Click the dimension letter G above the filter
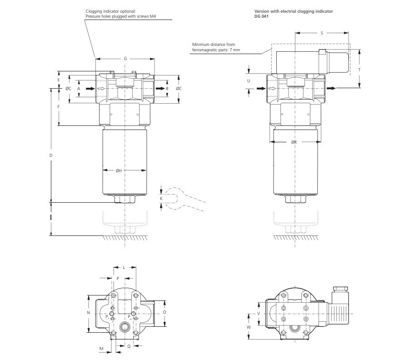[x=125, y=59]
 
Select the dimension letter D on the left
[x=51, y=155]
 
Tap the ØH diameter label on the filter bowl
[x=118, y=170]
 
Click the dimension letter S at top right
[x=322, y=33]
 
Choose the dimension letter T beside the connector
[x=359, y=70]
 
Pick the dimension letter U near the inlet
[x=249, y=80]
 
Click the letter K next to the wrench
[x=161, y=199]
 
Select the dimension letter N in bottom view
[x=89, y=313]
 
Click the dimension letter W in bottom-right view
[x=249, y=327]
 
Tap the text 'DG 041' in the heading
[x=261, y=16]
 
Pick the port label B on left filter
[x=167, y=88]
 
